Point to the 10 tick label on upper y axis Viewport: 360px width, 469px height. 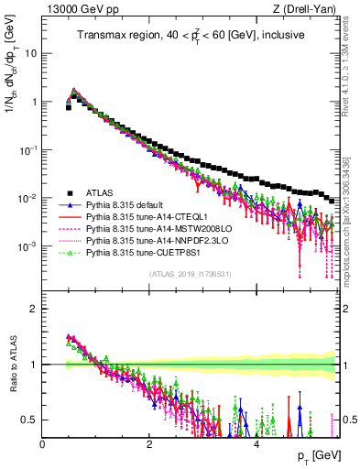[30, 53]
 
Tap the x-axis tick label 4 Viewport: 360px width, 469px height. [256, 443]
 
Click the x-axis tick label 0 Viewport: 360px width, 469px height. [43, 443]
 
